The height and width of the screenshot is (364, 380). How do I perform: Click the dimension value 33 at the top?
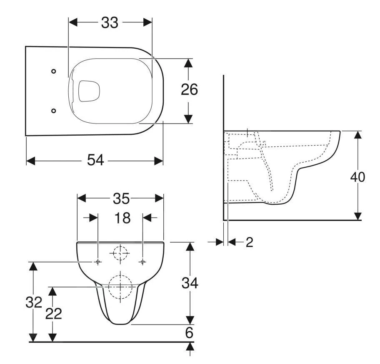(110, 23)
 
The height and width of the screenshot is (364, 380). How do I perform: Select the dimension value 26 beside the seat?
(189, 90)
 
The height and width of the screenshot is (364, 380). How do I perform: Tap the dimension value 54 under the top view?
(95, 160)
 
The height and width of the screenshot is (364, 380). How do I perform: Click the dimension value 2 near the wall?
(249, 242)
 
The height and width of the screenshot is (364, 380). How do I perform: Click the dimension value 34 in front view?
(190, 283)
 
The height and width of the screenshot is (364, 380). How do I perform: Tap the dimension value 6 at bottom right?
(190, 333)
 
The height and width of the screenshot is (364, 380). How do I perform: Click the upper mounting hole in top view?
(53, 71)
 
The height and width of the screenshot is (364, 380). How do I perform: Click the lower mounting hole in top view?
(53, 110)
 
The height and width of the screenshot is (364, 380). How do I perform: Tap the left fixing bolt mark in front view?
(97, 262)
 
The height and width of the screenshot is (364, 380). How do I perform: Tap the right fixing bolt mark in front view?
(142, 262)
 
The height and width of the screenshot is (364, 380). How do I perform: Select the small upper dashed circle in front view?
(120, 252)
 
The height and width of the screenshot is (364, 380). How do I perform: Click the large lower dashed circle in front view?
(120, 287)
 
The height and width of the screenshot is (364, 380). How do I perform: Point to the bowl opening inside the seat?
(90, 90)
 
